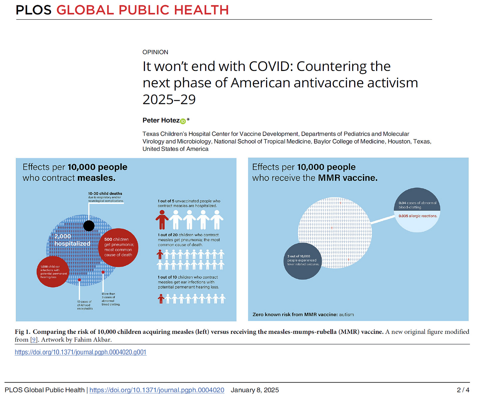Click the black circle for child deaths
(89, 225)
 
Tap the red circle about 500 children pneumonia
(118, 247)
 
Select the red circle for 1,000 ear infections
(53, 271)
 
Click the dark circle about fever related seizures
(302, 261)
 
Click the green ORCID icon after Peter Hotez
(183, 121)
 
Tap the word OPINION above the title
(155, 52)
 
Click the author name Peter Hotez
(161, 120)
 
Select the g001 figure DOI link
(80, 352)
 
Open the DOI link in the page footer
(157, 390)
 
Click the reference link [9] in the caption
(33, 340)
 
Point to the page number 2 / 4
(463, 390)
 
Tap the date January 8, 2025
(255, 390)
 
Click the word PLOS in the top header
(34, 10)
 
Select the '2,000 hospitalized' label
(72, 240)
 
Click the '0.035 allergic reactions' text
(418, 216)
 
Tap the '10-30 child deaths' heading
(105, 194)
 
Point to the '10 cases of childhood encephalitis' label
(85, 305)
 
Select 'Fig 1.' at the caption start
(22, 332)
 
